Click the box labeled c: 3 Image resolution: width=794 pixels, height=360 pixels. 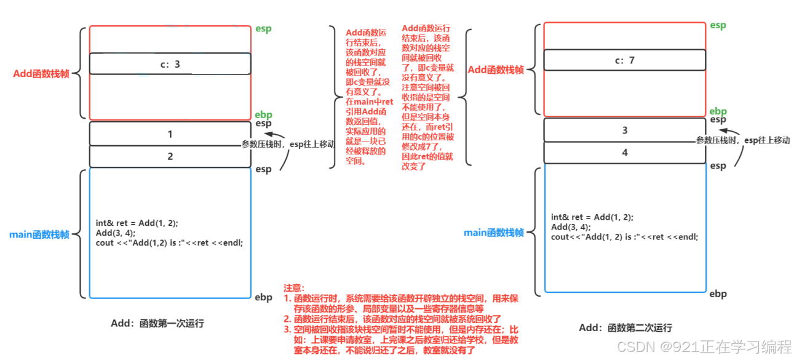click(x=170, y=63)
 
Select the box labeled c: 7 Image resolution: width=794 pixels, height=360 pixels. click(x=624, y=60)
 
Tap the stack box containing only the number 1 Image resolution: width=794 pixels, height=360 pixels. click(x=170, y=134)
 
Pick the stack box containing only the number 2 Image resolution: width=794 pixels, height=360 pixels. click(x=170, y=156)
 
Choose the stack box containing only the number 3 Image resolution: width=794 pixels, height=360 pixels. click(x=624, y=130)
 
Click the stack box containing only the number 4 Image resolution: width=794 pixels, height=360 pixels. click(x=624, y=153)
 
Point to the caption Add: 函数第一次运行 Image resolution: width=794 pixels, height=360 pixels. click(x=157, y=323)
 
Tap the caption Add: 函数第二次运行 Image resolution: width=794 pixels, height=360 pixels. click(x=625, y=327)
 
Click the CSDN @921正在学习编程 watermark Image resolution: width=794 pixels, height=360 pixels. click(x=704, y=346)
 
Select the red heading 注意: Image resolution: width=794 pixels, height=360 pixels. click(x=294, y=288)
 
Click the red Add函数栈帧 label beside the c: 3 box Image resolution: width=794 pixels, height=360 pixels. click(x=41, y=74)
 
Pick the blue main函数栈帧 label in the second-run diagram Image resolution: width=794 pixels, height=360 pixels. click(x=494, y=232)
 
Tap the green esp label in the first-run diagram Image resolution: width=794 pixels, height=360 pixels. click(x=264, y=28)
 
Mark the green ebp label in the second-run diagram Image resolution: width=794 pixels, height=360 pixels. click(x=718, y=111)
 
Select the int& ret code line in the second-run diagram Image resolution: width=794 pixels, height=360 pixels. click(x=592, y=217)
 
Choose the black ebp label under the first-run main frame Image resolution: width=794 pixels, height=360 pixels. click(x=263, y=298)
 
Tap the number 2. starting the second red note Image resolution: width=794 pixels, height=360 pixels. click(x=287, y=319)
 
